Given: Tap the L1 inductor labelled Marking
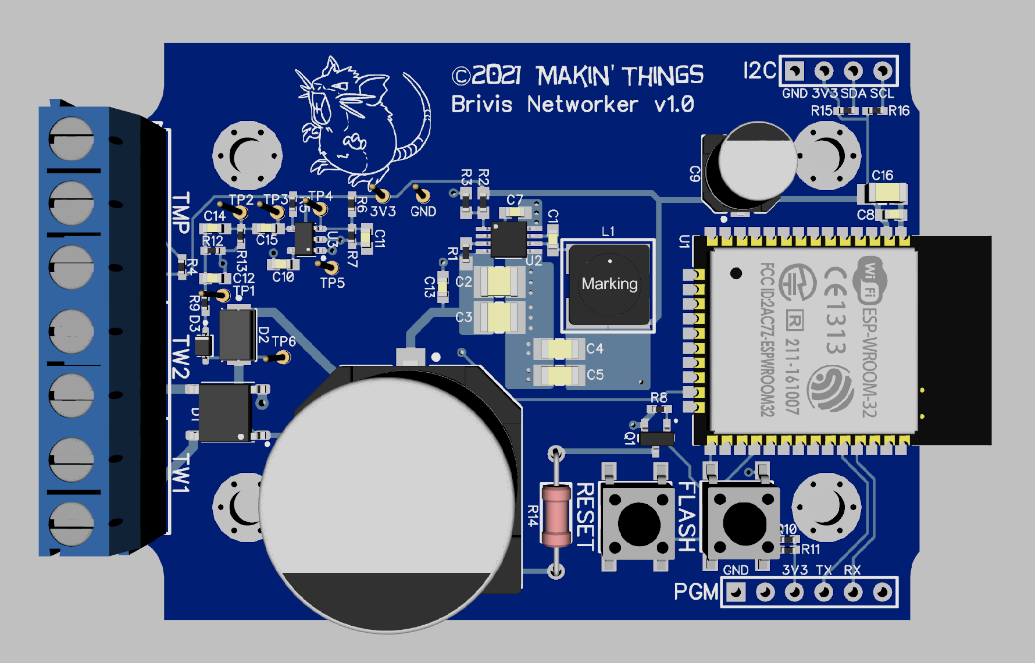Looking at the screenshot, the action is [609, 284].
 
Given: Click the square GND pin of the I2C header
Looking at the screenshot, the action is [794, 71].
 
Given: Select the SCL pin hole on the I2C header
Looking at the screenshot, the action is [883, 71].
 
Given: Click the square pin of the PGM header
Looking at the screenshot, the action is [736, 592].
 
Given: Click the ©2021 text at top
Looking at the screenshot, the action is [487, 76].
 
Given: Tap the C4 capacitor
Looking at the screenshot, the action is [559, 348].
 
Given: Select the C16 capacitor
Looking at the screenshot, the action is [883, 193].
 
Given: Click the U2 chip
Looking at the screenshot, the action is [509, 238].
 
